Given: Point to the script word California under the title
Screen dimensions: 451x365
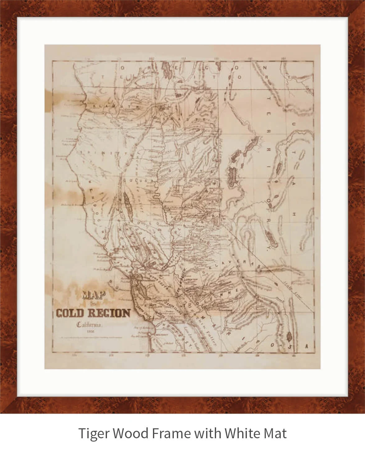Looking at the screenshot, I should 90,325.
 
